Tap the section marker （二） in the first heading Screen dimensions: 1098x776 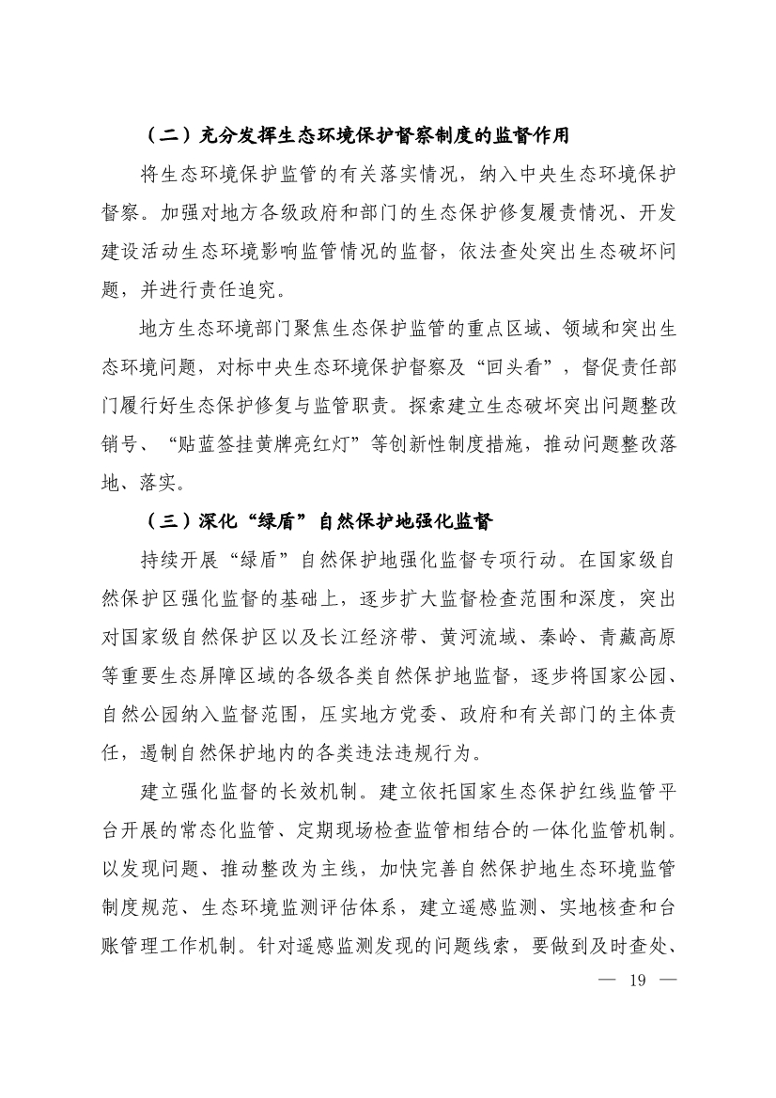(168, 136)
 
